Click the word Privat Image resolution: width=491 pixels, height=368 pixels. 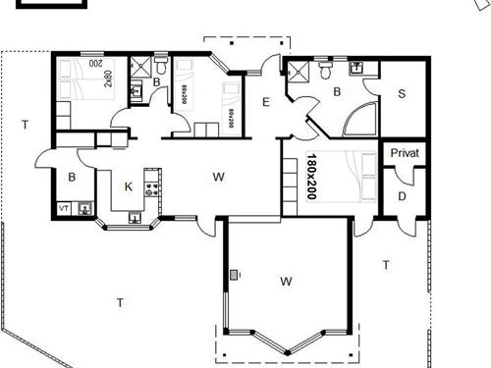tap(404, 154)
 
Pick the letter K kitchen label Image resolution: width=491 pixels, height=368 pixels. tap(128, 186)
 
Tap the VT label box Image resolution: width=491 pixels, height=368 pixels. tap(64, 208)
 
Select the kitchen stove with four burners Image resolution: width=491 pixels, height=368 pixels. tap(152, 182)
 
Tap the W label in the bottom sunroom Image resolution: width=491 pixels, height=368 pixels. tap(286, 282)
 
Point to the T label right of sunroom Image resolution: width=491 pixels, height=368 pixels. tap(386, 265)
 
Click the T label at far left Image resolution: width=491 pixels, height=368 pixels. tap(25, 124)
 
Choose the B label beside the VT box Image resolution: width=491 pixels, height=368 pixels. tap(72, 178)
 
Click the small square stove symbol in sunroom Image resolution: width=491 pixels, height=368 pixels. tap(234, 276)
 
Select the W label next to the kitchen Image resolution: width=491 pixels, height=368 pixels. tap(219, 177)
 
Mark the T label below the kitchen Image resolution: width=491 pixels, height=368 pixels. tap(120, 301)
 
